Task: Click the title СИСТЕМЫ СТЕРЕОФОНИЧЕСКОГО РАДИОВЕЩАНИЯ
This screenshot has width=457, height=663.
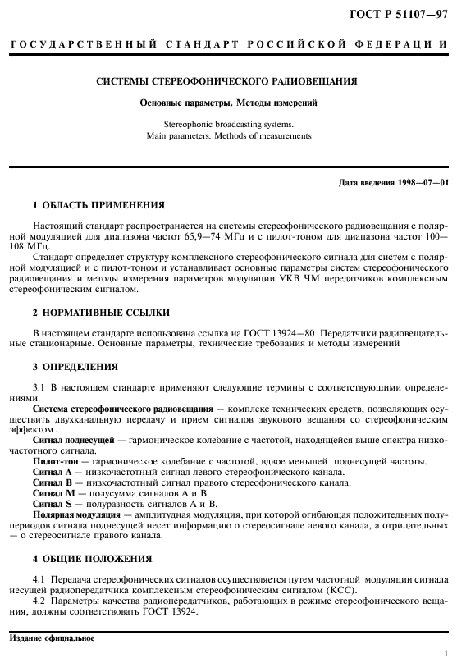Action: (x=227, y=83)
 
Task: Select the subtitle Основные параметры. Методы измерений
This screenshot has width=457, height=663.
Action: (x=227, y=105)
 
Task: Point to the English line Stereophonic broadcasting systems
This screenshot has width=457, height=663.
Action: (x=227, y=126)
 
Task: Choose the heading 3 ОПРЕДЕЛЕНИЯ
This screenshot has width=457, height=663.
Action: (x=75, y=366)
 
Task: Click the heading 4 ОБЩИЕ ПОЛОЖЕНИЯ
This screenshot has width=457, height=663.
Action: (x=92, y=558)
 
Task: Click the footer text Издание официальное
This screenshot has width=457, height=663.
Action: (x=52, y=638)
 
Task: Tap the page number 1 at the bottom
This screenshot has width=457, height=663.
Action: (x=444, y=653)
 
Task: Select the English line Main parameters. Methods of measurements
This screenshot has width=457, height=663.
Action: (x=227, y=136)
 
